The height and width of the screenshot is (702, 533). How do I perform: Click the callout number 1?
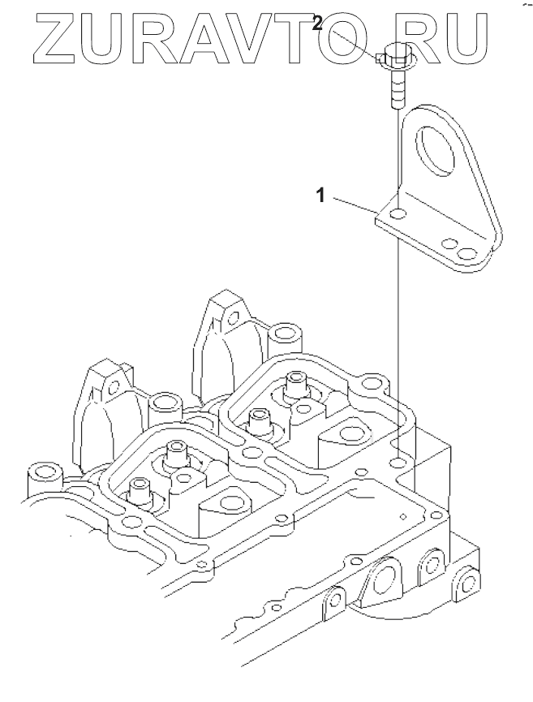tap(321, 195)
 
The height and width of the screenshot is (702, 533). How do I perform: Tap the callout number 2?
tap(319, 24)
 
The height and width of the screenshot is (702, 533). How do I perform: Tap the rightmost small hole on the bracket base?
tap(466, 255)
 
